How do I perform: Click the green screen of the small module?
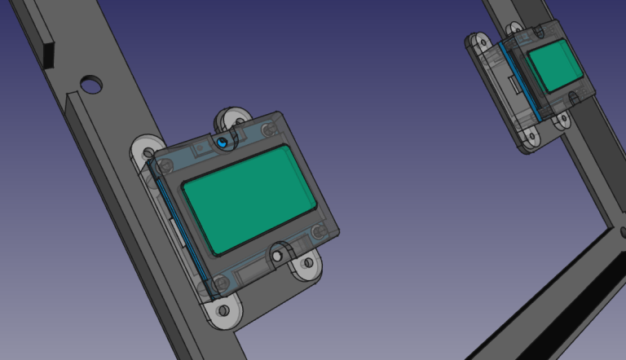pyautogui.click(x=554, y=67)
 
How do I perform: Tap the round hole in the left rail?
pyautogui.click(x=91, y=83)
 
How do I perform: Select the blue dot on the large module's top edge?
pyautogui.click(x=223, y=141)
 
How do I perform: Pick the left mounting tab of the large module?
pyautogui.click(x=146, y=151)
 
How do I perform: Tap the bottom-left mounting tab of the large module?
pyautogui.click(x=223, y=310)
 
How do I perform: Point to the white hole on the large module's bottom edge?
pyautogui.click(x=278, y=256)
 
